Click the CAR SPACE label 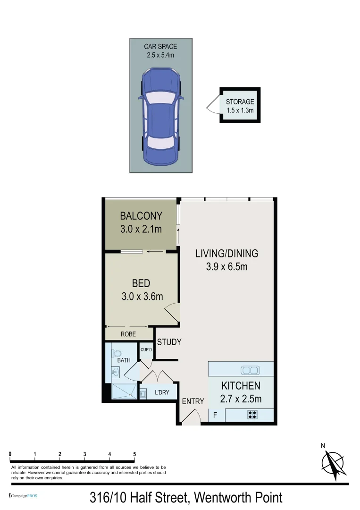[160, 47]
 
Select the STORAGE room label [240, 102]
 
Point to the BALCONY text [141, 216]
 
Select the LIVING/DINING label [227, 254]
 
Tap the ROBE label [128, 334]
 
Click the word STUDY [169, 342]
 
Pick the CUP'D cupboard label [146, 350]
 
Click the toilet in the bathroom [117, 352]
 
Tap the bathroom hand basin [115, 372]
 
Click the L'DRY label [163, 392]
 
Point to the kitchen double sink [249, 370]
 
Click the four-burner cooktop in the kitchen [252, 415]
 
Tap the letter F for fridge [215, 416]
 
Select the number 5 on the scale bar [134, 454]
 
